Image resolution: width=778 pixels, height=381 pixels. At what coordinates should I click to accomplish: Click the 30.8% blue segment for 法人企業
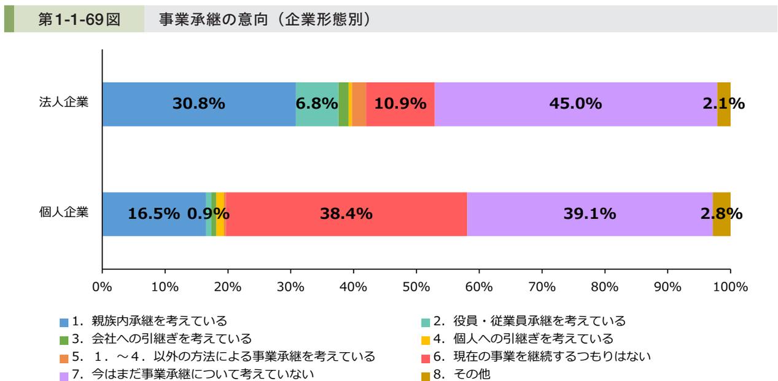coord(198,104)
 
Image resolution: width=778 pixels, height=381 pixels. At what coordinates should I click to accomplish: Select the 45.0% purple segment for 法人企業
coord(575,104)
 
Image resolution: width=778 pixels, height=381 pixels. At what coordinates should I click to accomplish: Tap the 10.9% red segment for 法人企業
coord(400,104)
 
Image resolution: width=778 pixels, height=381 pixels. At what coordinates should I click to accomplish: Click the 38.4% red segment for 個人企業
coord(346,214)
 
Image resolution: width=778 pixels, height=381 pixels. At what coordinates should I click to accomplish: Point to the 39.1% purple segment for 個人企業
coord(589,214)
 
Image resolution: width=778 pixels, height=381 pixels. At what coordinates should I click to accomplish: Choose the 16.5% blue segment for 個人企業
coord(154,214)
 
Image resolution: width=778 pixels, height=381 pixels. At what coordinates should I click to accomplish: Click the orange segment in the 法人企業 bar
coord(359,104)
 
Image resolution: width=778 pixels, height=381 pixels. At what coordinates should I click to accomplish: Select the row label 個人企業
coord(64,212)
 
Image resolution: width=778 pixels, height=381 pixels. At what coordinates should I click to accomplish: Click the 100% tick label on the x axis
coord(730,287)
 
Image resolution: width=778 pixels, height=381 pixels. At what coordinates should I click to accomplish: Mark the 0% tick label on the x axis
coord(102,287)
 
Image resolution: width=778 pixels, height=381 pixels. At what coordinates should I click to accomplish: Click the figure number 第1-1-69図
coord(79,20)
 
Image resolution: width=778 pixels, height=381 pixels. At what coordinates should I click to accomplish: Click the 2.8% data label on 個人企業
coord(722,214)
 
